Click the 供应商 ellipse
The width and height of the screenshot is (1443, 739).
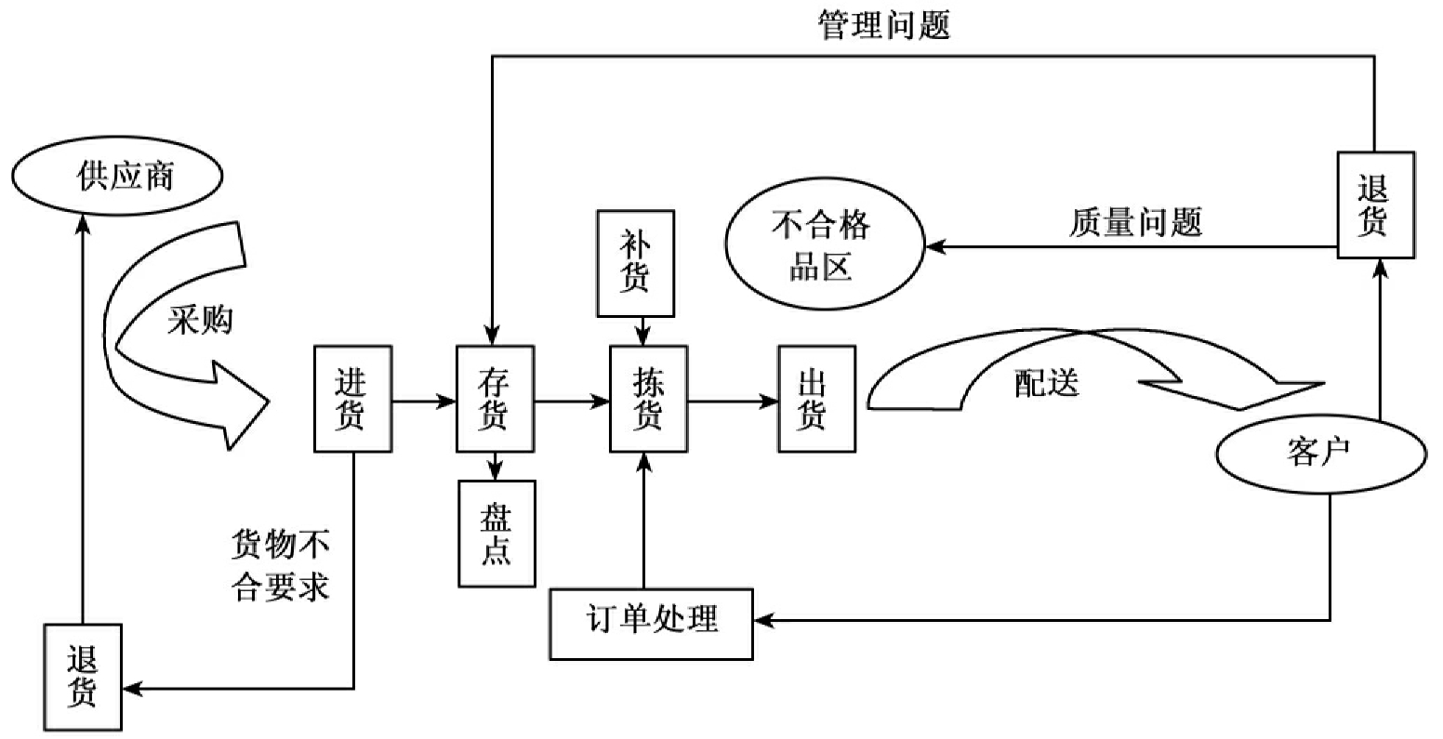pos(117,177)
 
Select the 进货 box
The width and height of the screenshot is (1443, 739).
pos(352,399)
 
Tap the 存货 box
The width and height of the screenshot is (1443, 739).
pos(496,399)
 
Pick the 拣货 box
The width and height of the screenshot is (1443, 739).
pos(648,399)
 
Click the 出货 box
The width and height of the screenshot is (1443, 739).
pos(816,399)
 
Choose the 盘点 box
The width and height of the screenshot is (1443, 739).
pos(496,534)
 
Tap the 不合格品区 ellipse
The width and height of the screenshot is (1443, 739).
pos(824,246)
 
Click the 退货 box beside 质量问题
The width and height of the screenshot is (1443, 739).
pos(1375,205)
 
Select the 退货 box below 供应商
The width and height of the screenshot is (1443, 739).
pos(83,677)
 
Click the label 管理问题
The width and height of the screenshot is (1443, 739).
pos(883,24)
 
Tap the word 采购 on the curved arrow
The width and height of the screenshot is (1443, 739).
pos(201,321)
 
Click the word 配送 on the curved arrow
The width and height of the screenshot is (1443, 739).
pos(1046,382)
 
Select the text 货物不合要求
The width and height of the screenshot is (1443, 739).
pos(280,565)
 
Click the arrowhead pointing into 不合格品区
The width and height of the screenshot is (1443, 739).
pos(933,247)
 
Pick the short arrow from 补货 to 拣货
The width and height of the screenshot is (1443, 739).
pos(641,330)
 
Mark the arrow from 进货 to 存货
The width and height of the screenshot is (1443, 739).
pos(423,402)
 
